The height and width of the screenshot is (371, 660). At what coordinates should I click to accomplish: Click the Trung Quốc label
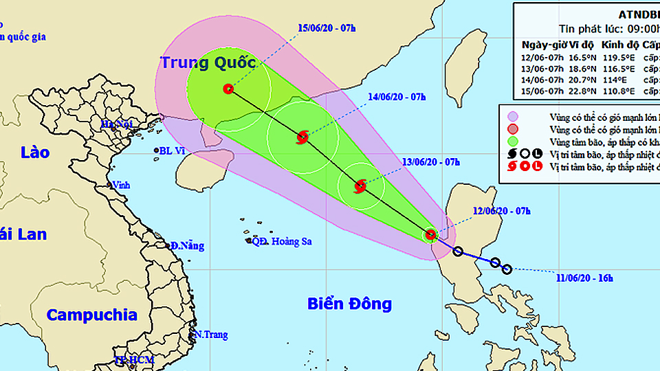(x=208, y=63)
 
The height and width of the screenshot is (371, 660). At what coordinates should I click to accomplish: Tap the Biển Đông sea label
(x=349, y=304)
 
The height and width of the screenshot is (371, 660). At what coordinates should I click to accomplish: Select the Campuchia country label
(x=92, y=315)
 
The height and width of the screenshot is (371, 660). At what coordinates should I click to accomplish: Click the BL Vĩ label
(x=172, y=150)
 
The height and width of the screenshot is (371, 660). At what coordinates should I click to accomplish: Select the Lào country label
(x=34, y=152)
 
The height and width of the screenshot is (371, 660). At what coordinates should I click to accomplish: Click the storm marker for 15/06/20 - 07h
(x=228, y=89)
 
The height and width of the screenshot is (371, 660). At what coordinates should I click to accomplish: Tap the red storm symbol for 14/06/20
(x=302, y=137)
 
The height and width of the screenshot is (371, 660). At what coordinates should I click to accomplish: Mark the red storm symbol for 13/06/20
(x=360, y=185)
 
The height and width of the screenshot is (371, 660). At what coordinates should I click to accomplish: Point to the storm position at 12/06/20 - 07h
(x=430, y=235)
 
